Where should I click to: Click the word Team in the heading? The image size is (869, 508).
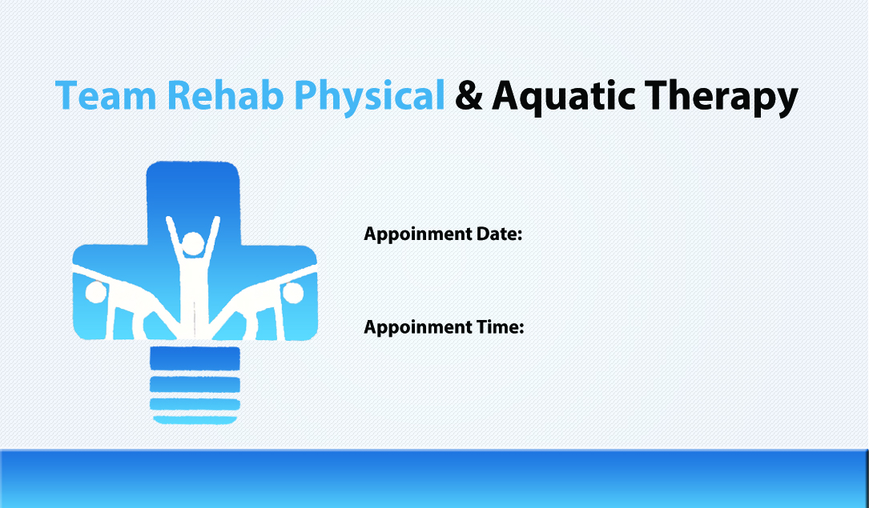(106, 95)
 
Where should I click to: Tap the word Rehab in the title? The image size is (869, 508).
(225, 94)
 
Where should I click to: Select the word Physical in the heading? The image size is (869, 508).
(369, 98)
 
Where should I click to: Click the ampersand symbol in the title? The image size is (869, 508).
(469, 95)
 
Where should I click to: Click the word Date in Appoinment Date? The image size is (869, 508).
(499, 234)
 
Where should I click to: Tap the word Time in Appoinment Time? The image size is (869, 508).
(500, 327)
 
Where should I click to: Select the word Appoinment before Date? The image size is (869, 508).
(418, 235)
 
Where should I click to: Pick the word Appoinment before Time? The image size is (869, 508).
(418, 328)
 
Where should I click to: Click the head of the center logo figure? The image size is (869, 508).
(193, 244)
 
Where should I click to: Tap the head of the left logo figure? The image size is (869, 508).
(96, 292)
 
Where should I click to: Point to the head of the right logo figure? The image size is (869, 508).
(292, 293)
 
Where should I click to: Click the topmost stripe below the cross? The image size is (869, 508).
(195, 358)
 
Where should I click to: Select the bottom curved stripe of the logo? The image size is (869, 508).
(195, 420)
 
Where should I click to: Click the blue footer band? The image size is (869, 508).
(434, 478)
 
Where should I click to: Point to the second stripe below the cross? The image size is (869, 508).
(195, 384)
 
